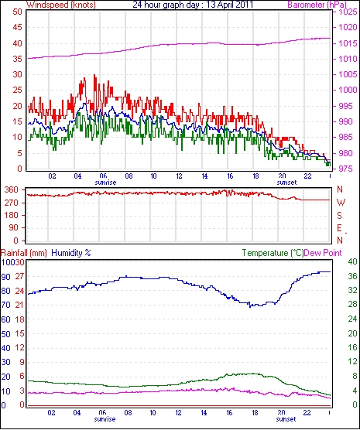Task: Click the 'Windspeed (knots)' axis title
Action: point(61,5)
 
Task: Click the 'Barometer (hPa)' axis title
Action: point(317,5)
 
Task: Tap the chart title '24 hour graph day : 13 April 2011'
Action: point(193,5)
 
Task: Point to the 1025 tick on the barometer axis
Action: point(348,12)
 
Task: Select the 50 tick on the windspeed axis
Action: point(18,12)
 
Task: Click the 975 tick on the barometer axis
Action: point(348,169)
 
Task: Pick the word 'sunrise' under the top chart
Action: point(105,183)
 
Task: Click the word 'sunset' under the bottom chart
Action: point(286,419)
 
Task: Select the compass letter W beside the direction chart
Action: point(341,203)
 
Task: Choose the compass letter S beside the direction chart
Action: point(340,216)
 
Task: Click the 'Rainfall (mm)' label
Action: point(24,253)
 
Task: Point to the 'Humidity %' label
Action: point(71,253)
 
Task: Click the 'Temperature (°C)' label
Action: point(273,253)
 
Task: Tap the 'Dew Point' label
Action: point(323,253)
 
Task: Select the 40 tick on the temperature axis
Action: point(352,261)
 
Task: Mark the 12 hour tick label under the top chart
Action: point(179,176)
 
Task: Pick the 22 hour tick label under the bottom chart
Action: point(307,413)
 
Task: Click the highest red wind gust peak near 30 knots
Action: point(94,75)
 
